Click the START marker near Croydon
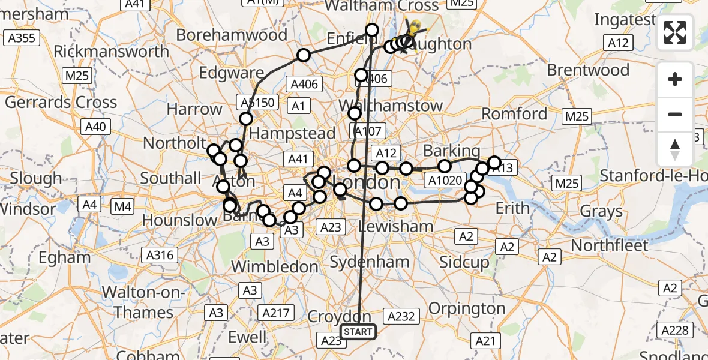click(358, 331)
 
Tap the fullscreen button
click(675, 32)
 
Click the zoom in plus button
click(675, 79)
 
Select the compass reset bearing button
click(675, 149)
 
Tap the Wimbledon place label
click(275, 266)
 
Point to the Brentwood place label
click(588, 70)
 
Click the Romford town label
click(515, 113)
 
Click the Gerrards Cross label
click(61, 102)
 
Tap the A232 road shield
click(401, 316)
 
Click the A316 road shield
click(159, 255)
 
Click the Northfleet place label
click(610, 245)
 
